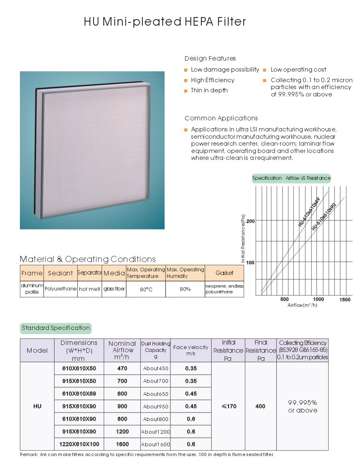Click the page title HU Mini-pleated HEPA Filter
coord(165,22)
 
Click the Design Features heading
coord(210,59)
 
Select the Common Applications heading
coord(221,118)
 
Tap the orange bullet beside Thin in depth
coord(185,91)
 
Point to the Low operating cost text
coord(298,70)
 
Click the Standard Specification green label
coord(56,328)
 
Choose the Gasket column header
coord(225,273)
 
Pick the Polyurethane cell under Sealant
coord(61,289)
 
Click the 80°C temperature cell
coord(146,289)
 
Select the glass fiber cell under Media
coord(114,289)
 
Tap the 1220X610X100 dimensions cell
coord(79,444)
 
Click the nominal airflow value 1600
coord(122,444)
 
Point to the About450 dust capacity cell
coord(155,369)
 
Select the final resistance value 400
coord(260,406)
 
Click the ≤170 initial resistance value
coord(229,406)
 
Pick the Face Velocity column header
coord(190,350)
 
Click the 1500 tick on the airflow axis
coord(345,299)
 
